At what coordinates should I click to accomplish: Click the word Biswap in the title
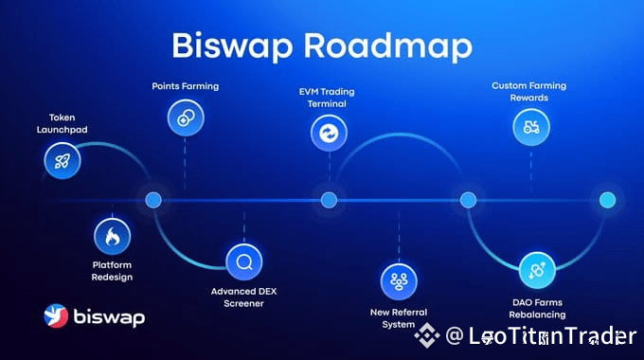[x=232, y=46]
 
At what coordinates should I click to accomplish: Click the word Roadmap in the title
[x=388, y=45]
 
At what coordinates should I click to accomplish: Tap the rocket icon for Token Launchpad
[x=63, y=161]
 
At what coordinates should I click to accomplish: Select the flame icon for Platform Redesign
[x=112, y=236]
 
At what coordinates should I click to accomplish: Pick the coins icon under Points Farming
[x=186, y=117]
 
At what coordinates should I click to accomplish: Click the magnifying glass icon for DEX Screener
[x=244, y=261]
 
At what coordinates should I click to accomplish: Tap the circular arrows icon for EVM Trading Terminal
[x=329, y=134]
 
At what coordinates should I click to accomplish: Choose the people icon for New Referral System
[x=399, y=281]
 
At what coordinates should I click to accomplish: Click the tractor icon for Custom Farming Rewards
[x=531, y=127]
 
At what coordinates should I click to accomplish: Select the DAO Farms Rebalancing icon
[x=537, y=270]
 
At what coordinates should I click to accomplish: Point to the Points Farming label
[x=186, y=86]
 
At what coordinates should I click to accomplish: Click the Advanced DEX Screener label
[x=243, y=297]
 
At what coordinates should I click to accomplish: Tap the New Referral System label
[x=399, y=318]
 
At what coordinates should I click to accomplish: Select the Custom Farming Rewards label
[x=529, y=91]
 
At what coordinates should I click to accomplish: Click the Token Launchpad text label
[x=62, y=123]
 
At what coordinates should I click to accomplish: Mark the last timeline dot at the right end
[x=607, y=200]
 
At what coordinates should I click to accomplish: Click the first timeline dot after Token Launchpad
[x=153, y=200]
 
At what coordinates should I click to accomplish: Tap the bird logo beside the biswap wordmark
[x=56, y=315]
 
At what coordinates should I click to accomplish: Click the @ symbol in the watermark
[x=455, y=335]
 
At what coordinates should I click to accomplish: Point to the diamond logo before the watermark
[x=427, y=335]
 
